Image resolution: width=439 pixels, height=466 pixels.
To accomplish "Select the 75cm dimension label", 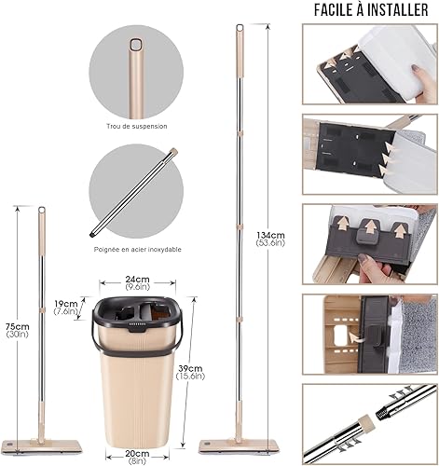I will pyautogui.click(x=17, y=327).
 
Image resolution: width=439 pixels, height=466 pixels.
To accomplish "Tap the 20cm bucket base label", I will pyautogui.click(x=138, y=456).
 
